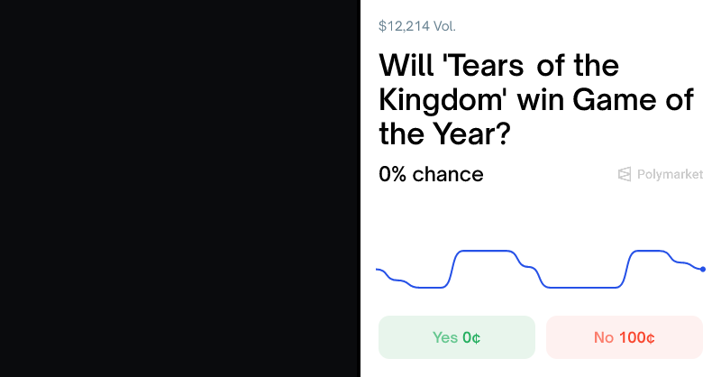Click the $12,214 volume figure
point(404,26)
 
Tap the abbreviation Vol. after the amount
point(444,26)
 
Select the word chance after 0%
point(448,174)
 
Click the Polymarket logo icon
point(625,174)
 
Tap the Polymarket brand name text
point(670,174)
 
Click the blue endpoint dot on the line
point(703,269)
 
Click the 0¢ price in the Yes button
point(471,337)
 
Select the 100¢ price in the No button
point(637,337)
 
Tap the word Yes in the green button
point(445,337)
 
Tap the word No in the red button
point(604,337)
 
